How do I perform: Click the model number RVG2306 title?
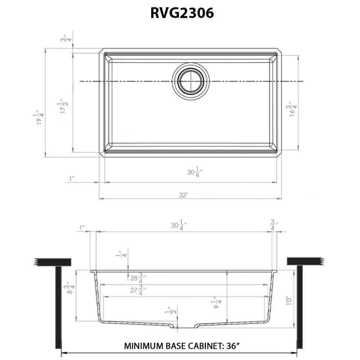(182, 13)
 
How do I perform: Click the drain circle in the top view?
(190, 80)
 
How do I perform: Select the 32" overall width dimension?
(183, 195)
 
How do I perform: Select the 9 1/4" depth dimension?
(217, 303)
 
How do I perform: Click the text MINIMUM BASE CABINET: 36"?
(182, 346)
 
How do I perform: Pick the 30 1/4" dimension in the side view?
(179, 226)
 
